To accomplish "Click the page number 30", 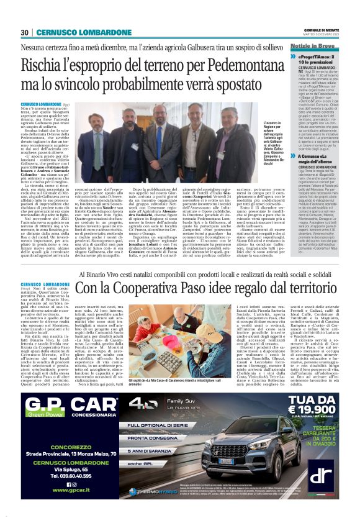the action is (x=24, y=32).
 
